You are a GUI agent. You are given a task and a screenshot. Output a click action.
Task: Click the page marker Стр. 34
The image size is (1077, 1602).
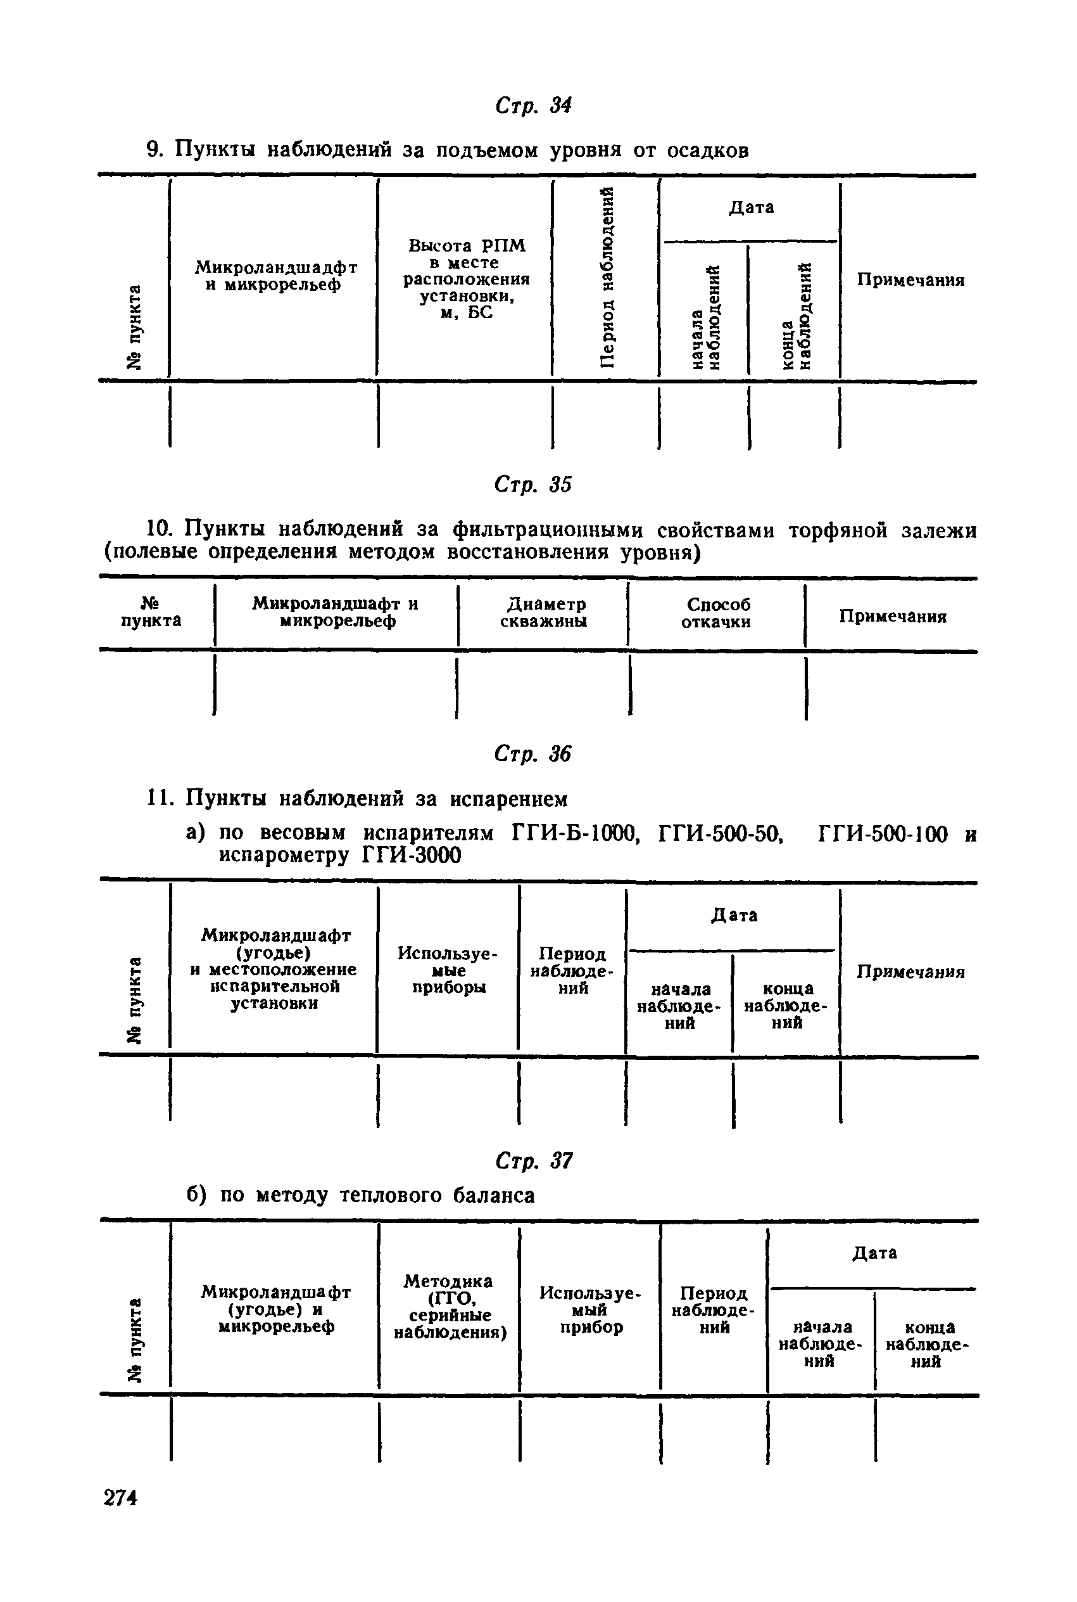(533, 106)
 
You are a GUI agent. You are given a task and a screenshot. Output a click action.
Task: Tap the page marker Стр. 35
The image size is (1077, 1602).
(533, 485)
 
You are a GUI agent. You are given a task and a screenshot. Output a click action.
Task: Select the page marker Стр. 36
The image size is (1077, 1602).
(533, 755)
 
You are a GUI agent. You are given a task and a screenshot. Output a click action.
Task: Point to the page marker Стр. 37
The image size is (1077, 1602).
(534, 1161)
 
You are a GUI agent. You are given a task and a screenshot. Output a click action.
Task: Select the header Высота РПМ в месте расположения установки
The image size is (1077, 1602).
(467, 279)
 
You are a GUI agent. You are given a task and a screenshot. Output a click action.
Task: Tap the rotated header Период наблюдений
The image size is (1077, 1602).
(607, 277)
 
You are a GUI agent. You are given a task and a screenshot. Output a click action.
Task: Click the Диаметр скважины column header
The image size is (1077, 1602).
(544, 612)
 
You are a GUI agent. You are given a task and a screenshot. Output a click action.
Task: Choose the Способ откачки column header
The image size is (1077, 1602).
(715, 613)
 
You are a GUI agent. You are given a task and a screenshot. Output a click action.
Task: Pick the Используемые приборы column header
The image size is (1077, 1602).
(448, 970)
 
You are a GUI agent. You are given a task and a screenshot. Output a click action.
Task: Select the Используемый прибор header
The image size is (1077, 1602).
(590, 1310)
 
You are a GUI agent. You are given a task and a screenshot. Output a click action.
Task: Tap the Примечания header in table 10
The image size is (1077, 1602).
(893, 617)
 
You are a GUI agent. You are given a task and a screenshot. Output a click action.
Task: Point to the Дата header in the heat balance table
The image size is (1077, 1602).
(874, 1253)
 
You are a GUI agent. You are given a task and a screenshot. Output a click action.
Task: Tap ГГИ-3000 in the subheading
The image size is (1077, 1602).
(411, 855)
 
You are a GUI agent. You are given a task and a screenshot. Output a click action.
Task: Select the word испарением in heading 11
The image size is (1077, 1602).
(509, 798)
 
